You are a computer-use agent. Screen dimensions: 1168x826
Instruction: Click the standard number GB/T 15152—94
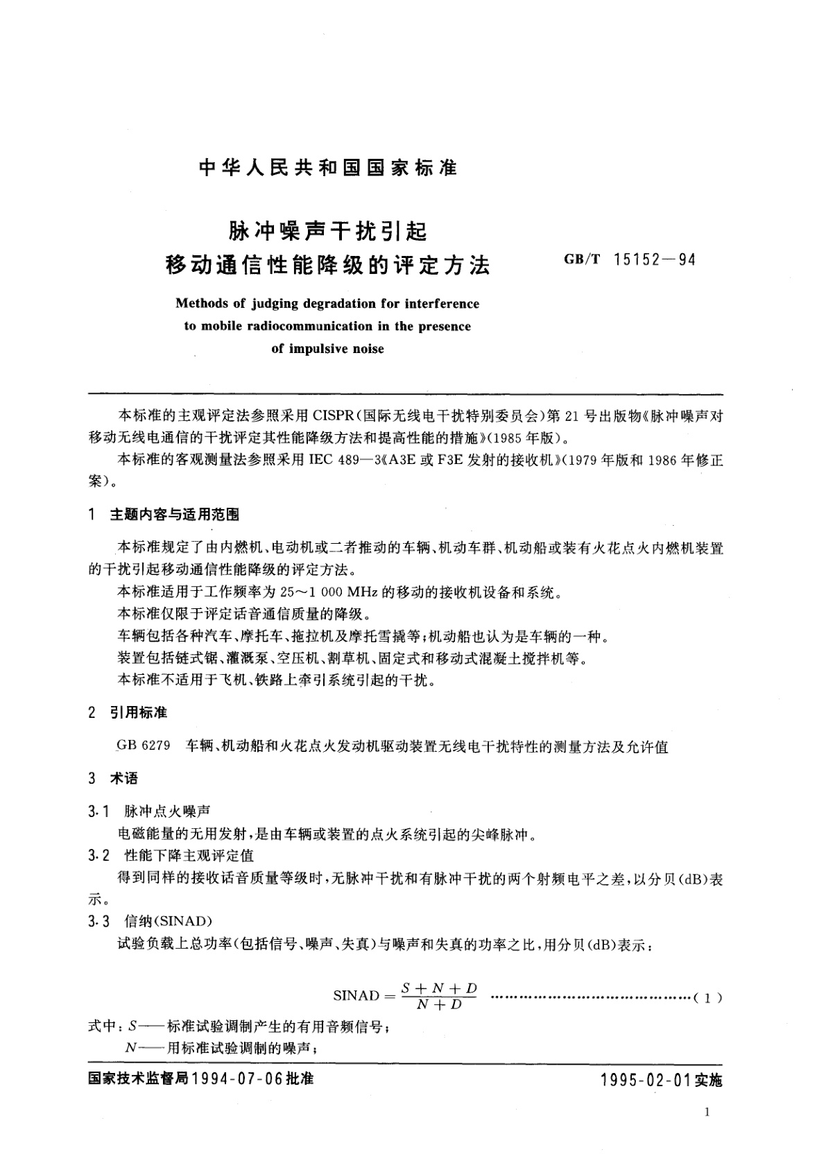(630, 260)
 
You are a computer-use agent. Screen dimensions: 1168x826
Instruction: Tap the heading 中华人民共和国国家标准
(328, 168)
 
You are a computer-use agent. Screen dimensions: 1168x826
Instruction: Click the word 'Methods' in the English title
(200, 303)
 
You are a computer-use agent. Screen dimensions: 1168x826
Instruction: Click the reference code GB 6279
(143, 747)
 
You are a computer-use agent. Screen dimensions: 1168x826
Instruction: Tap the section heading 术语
(123, 778)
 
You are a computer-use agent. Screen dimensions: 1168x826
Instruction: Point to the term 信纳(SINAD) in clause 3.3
(168, 921)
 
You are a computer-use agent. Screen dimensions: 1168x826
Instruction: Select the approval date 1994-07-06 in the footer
(239, 1080)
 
